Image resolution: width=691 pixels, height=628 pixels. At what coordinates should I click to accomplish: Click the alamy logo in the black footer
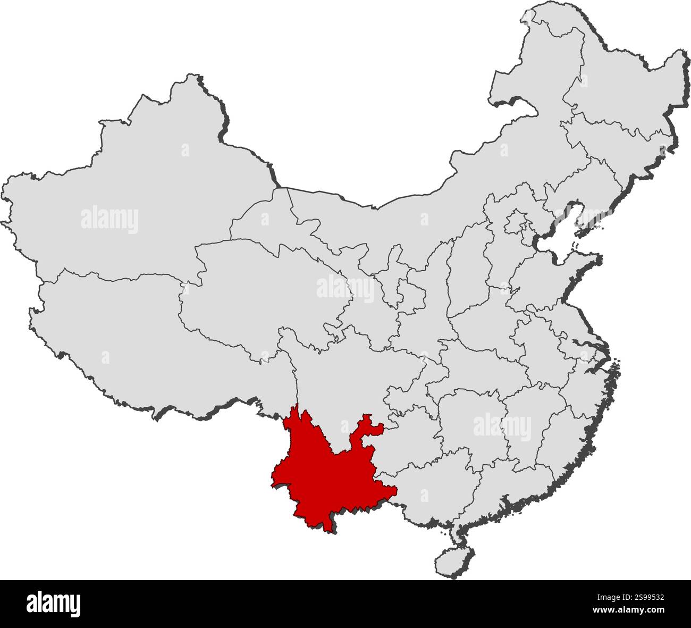[53, 604]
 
